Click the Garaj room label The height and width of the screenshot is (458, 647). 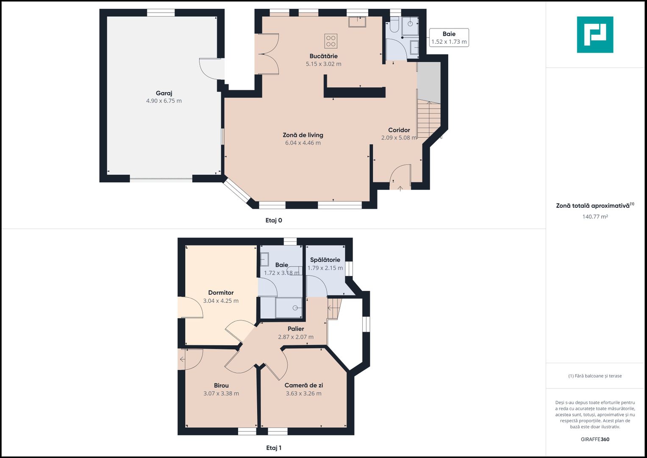[x=164, y=93]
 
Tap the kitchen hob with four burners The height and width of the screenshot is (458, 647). [x=331, y=41]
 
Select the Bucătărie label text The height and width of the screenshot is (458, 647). [x=324, y=56]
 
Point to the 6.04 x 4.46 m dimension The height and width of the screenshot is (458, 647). [x=303, y=143]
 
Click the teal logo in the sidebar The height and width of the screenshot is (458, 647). [x=595, y=35]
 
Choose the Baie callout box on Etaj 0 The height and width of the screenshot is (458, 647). [x=449, y=38]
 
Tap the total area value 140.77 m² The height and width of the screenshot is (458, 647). [x=595, y=217]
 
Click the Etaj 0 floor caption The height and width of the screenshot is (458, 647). [x=274, y=221]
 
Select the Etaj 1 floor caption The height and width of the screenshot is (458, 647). [x=274, y=448]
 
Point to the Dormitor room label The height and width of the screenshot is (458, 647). [x=221, y=293]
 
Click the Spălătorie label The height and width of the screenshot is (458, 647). [x=325, y=260]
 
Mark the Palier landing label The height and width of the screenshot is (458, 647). [x=296, y=329]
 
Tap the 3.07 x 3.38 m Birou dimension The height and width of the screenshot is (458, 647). [x=221, y=394]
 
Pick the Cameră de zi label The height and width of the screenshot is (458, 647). [x=303, y=385]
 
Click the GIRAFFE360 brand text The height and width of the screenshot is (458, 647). [x=595, y=439]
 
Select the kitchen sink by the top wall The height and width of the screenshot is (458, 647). [x=357, y=22]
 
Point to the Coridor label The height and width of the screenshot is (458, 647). [x=399, y=130]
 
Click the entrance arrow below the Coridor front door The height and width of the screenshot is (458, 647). [x=400, y=189]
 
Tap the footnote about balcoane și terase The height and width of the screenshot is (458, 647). [x=595, y=376]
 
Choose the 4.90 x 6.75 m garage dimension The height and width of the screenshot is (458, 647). [x=164, y=101]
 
